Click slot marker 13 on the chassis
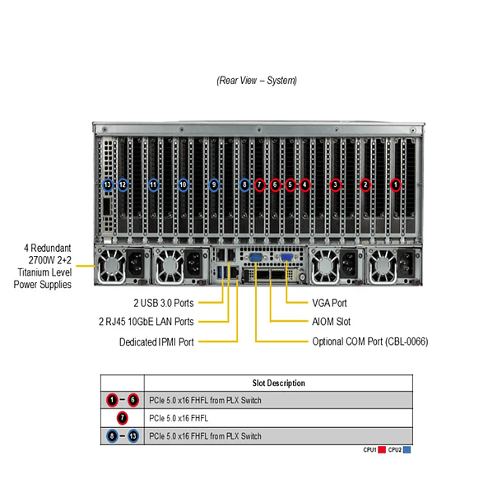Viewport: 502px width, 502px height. click(108, 185)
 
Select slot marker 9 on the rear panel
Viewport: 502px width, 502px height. click(214, 185)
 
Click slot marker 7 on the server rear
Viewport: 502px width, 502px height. click(259, 185)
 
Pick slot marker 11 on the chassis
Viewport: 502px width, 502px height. click(153, 185)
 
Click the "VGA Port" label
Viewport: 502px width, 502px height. click(330, 303)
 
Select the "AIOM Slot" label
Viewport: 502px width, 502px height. click(332, 322)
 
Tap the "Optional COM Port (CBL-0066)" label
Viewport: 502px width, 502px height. click(370, 341)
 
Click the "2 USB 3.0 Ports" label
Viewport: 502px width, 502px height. click(164, 303)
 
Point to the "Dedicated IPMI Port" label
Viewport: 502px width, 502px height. click(156, 341)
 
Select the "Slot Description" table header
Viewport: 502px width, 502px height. click(278, 383)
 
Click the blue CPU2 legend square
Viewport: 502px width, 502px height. click(407, 450)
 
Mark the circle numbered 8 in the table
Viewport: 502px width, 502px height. click(112, 435)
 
